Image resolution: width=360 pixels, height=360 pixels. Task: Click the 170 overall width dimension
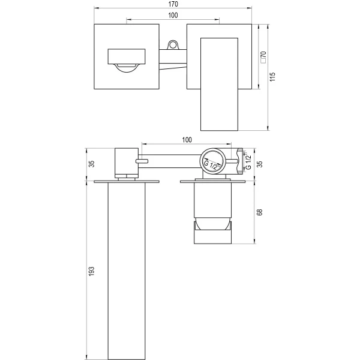173,4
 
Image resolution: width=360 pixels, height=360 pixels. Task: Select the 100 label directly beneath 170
173,15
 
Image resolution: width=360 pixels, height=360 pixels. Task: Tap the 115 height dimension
272,77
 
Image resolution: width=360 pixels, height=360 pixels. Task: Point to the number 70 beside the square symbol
263,55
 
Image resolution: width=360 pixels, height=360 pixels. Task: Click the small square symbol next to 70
263,61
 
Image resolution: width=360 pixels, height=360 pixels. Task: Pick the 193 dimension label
91,271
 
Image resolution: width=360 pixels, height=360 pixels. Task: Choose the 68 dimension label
259,212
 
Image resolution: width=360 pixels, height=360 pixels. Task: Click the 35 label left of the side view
91,164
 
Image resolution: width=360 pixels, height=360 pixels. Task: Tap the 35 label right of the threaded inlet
259,164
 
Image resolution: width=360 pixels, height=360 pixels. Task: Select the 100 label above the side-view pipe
187,140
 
